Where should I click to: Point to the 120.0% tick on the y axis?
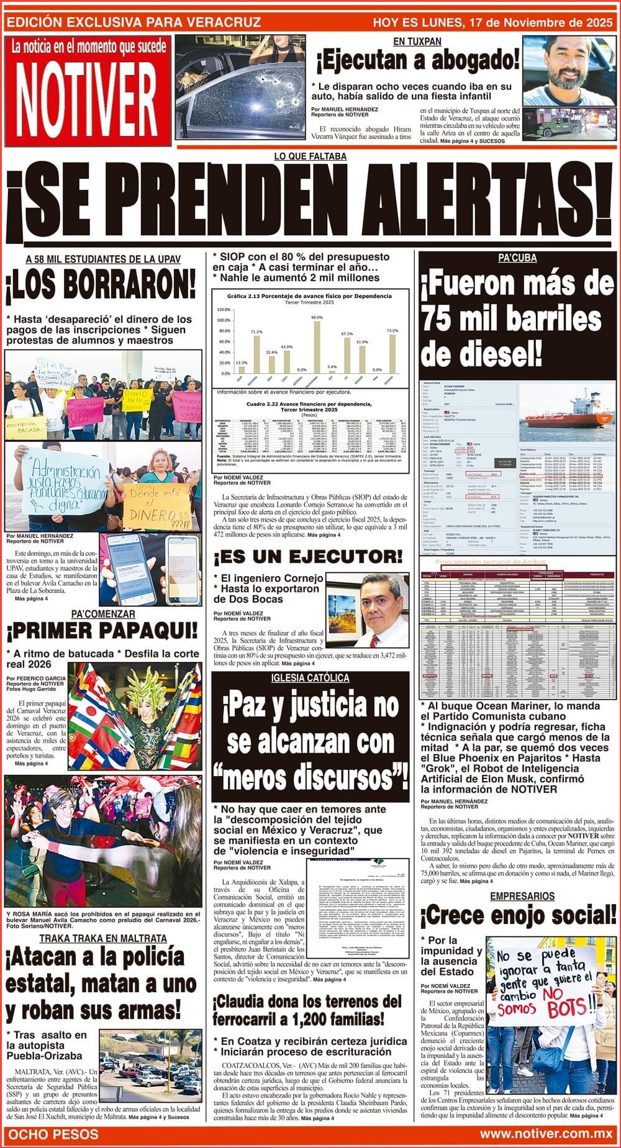click(x=223, y=309)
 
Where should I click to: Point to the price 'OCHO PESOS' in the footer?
click(x=53, y=1134)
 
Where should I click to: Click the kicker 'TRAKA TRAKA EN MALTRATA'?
click(x=103, y=938)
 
